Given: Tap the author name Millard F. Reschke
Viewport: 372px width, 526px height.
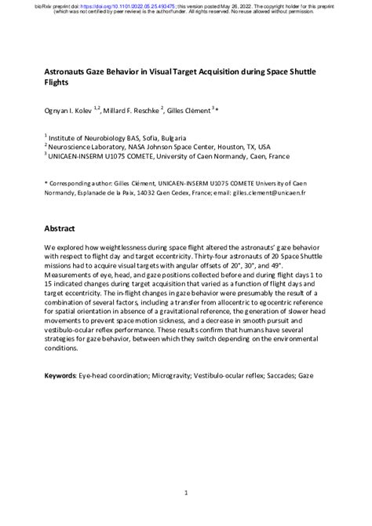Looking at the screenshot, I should click(x=134, y=111).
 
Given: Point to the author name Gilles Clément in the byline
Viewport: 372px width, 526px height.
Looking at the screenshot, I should click(x=190, y=111).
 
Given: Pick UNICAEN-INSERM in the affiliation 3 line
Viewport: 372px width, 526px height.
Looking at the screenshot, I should click(x=80, y=155).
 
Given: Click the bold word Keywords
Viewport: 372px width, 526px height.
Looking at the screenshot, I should click(x=60, y=377).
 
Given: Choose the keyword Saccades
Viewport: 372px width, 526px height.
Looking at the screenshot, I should click(x=275, y=377).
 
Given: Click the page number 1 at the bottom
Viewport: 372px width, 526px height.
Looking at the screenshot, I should click(x=185, y=493).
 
